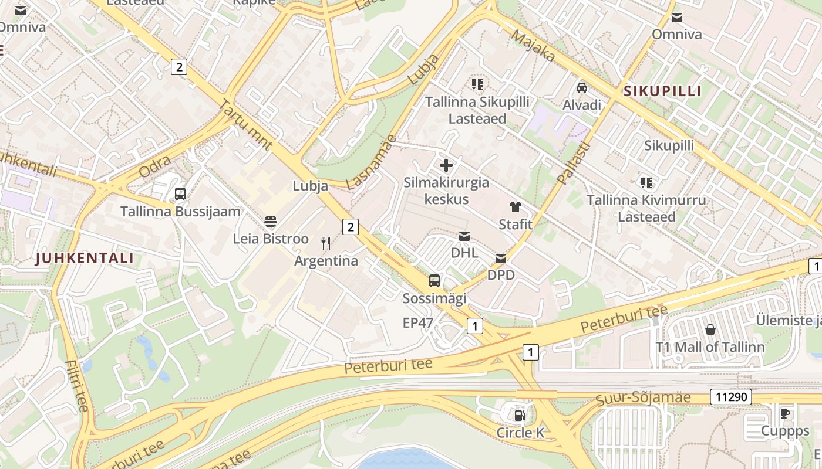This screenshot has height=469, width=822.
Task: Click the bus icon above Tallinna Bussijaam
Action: pyautogui.click(x=180, y=194)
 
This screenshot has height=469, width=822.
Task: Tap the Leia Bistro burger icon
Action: pyautogui.click(x=271, y=222)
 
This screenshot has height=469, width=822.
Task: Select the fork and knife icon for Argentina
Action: pyautogui.click(x=326, y=243)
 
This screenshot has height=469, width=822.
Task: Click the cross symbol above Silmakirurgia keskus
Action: pyautogui.click(x=446, y=165)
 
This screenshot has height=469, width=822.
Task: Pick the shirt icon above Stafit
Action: pyautogui.click(x=515, y=207)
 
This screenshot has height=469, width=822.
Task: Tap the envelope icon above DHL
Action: pyautogui.click(x=464, y=236)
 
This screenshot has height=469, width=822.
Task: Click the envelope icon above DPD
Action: pyautogui.click(x=501, y=258)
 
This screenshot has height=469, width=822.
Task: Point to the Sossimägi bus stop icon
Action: pyautogui.click(x=434, y=281)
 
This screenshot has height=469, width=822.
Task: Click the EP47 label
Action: pyautogui.click(x=418, y=322)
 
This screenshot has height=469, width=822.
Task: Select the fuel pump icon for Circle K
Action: pyautogui.click(x=520, y=416)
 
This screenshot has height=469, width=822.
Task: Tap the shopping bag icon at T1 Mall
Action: pyautogui.click(x=710, y=329)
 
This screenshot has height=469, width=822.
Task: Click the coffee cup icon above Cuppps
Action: pyautogui.click(x=785, y=413)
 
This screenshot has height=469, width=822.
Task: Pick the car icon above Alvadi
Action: pyautogui.click(x=582, y=88)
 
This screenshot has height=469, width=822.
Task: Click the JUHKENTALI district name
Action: pyautogui.click(x=85, y=258)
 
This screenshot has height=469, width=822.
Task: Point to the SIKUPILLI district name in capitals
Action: pyautogui.click(x=663, y=91)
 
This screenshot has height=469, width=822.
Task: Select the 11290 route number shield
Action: pyautogui.click(x=731, y=397)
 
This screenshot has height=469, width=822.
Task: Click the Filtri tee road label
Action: pyautogui.click(x=77, y=385)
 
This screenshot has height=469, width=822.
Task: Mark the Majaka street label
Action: pyautogui.click(x=533, y=46)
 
